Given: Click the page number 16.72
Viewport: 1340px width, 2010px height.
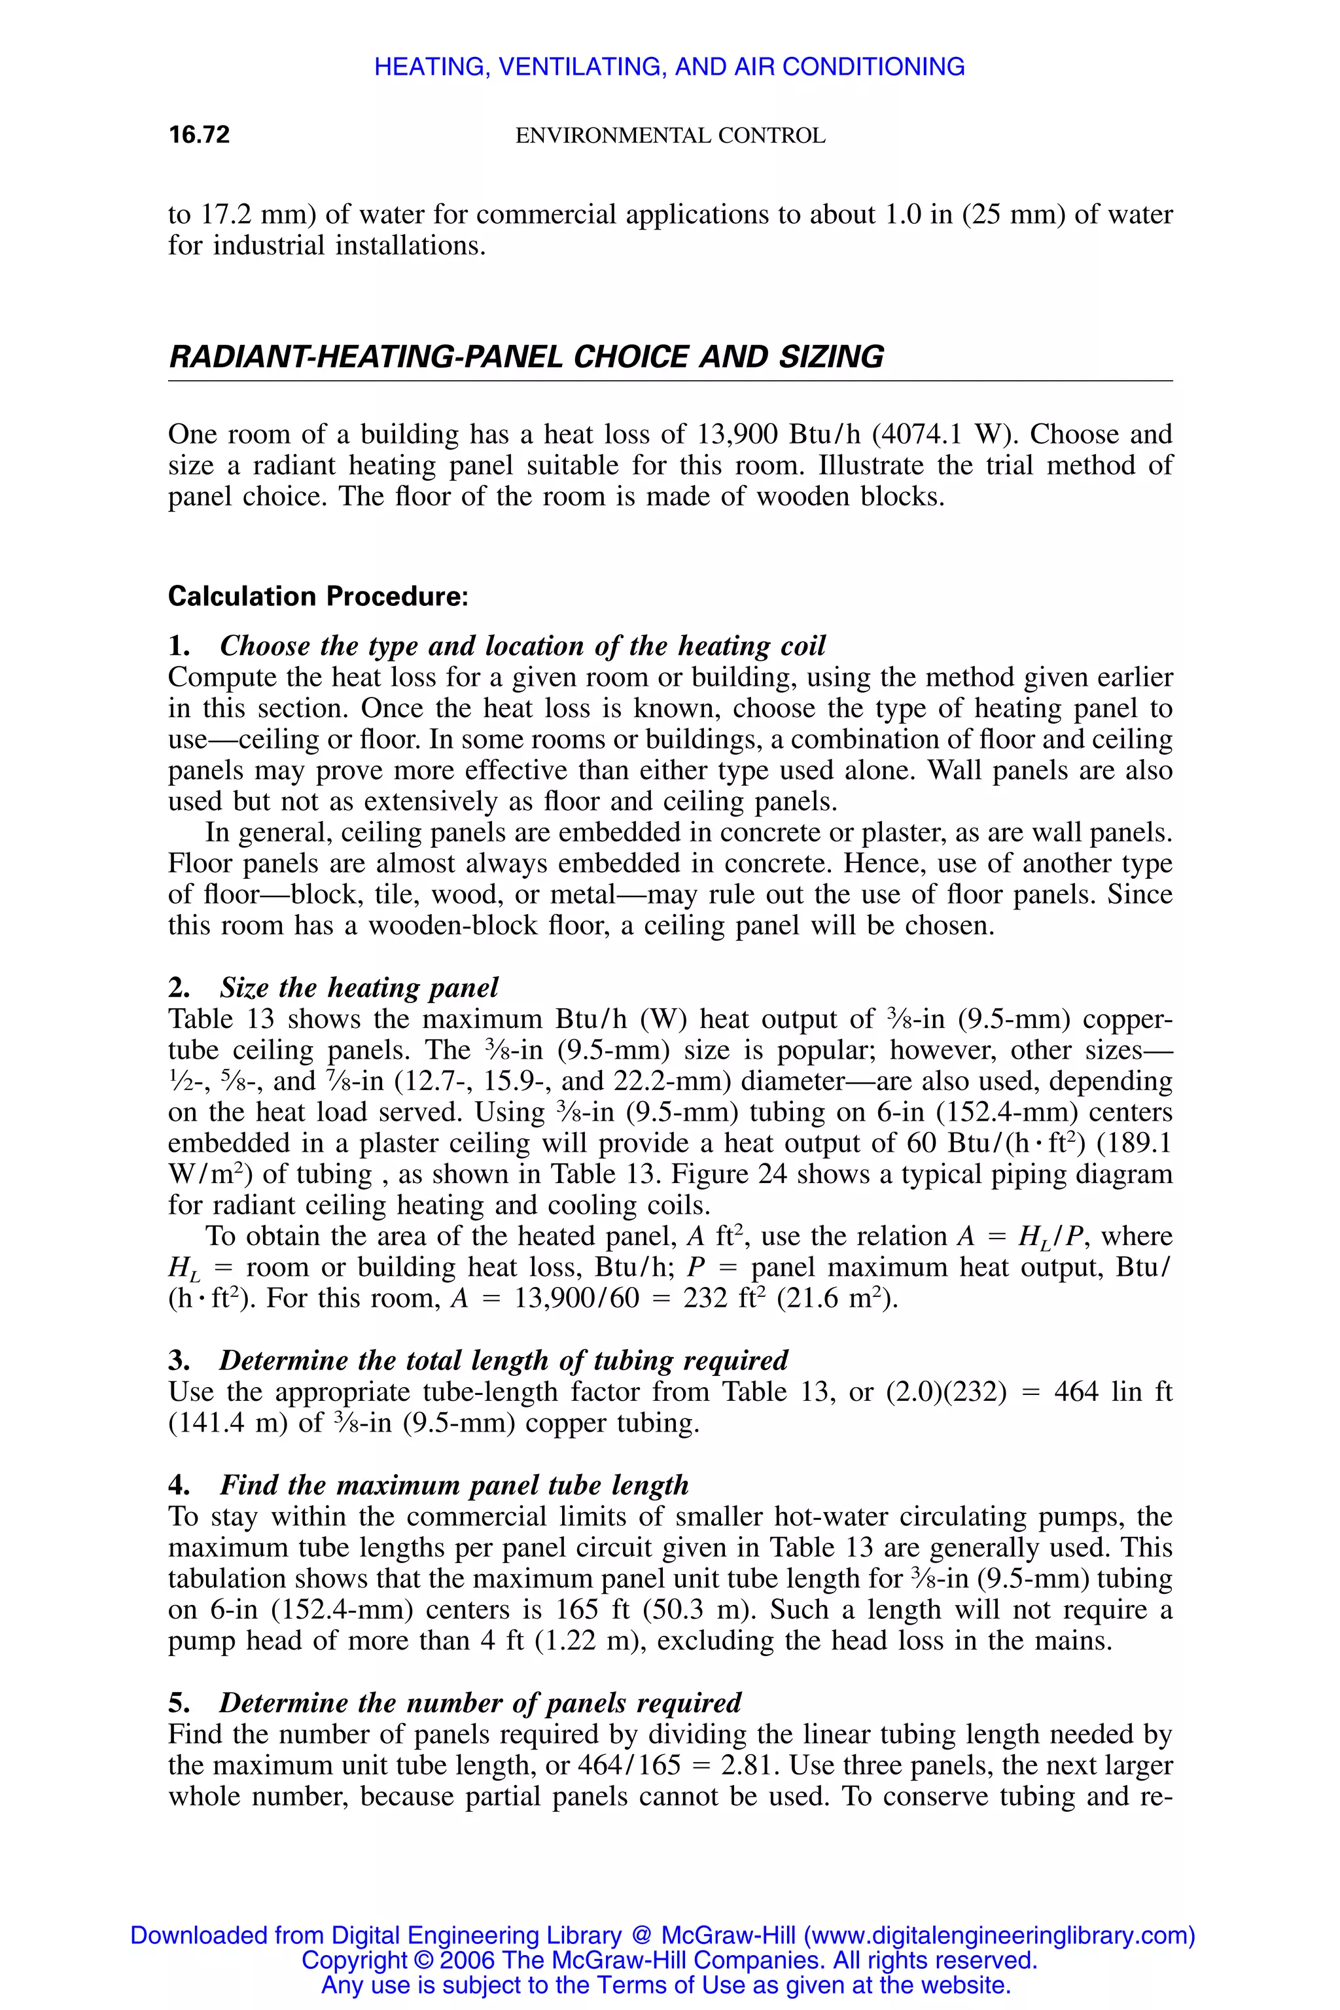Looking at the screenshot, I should coord(199,135).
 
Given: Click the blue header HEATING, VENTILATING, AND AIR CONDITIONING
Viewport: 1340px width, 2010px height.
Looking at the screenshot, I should coord(669,67).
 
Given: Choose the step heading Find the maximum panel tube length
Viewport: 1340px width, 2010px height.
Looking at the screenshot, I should coord(454,1485).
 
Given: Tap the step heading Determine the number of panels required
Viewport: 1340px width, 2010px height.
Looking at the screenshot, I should coord(480,1702).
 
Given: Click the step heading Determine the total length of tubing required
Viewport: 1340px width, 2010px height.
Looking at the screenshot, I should coord(503,1360).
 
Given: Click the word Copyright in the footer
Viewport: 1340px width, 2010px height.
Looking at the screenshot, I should coord(354,1960).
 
